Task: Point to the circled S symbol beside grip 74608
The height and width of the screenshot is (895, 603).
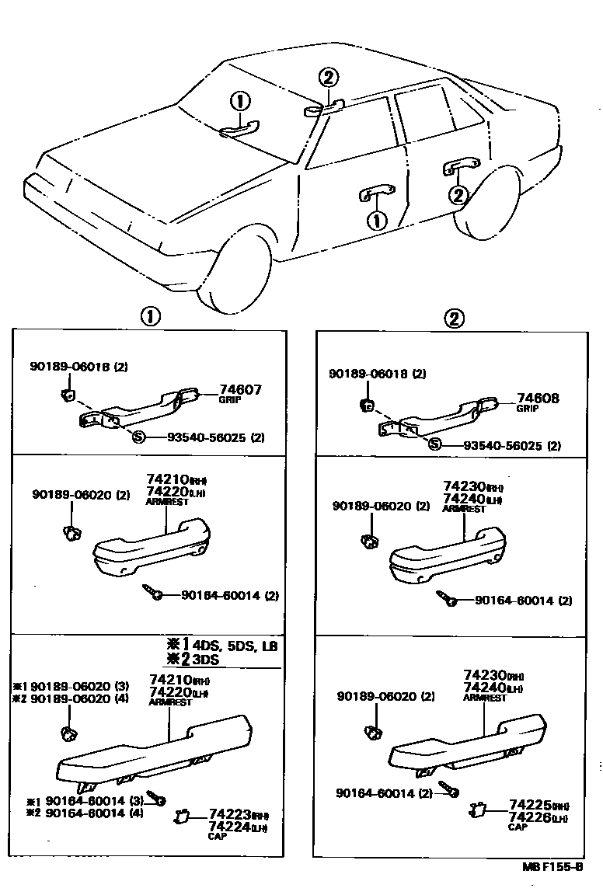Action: pyautogui.click(x=435, y=444)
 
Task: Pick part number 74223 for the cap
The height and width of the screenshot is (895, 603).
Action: pyautogui.click(x=229, y=814)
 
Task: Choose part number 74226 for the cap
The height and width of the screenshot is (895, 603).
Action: pyautogui.click(x=528, y=817)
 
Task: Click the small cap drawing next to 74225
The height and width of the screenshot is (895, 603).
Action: pyautogui.click(x=477, y=811)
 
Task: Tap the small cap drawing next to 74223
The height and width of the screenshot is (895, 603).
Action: pyautogui.click(x=183, y=817)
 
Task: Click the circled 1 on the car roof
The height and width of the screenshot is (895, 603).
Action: pyautogui.click(x=241, y=102)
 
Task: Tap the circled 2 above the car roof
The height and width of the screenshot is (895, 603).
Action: pyautogui.click(x=329, y=77)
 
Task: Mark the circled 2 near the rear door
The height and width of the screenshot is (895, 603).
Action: pyautogui.click(x=458, y=194)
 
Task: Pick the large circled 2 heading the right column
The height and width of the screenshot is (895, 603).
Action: pyautogui.click(x=455, y=318)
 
